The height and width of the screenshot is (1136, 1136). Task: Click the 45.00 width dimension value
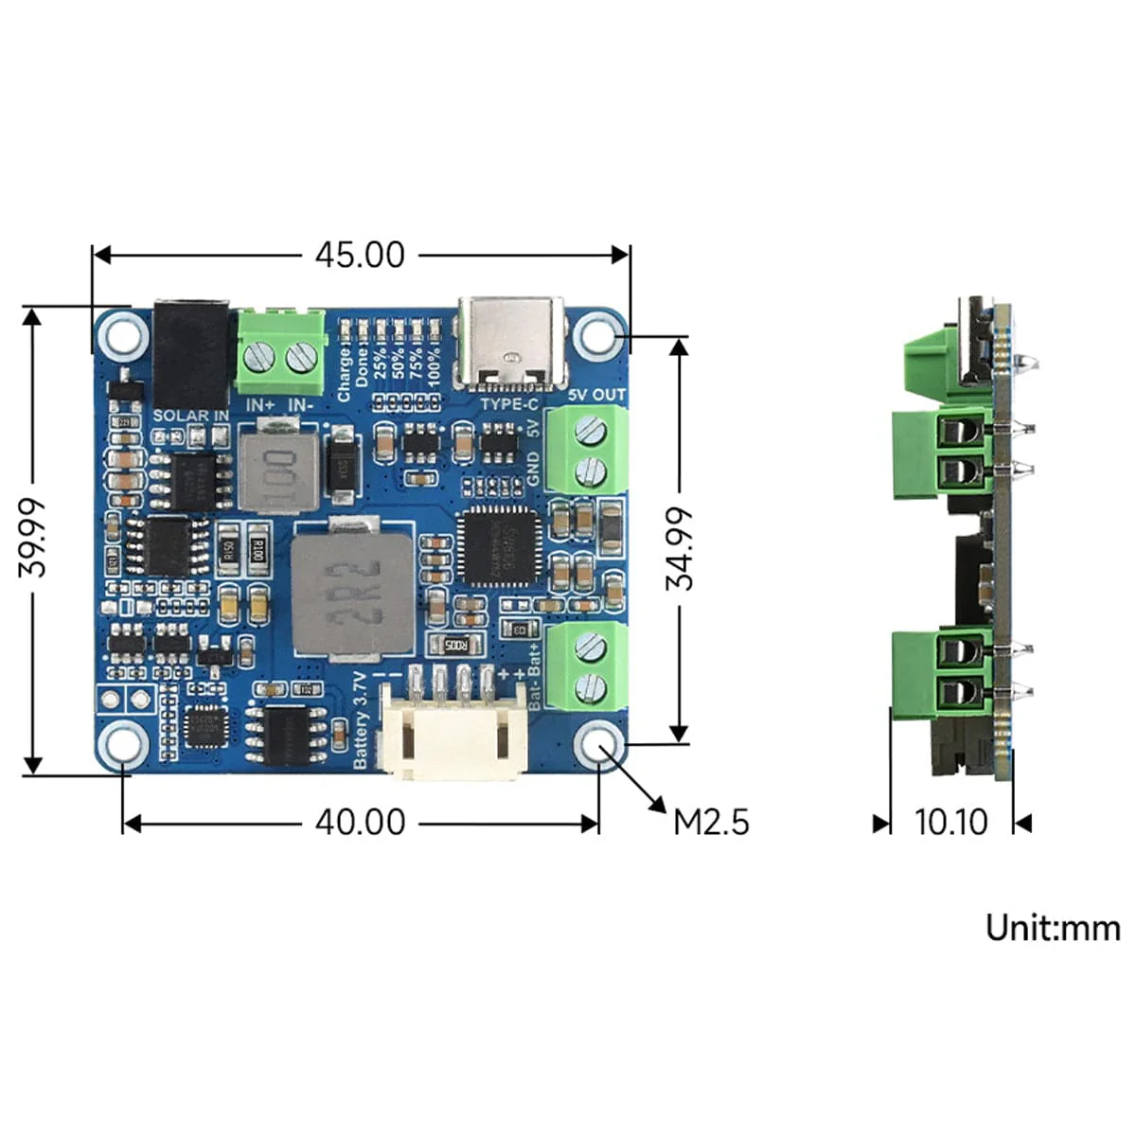pos(360,255)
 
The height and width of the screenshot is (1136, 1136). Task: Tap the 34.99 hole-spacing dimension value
pos(679,549)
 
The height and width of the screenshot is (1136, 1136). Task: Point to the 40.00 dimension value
pos(360,822)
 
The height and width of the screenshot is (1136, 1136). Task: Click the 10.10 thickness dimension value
pos(950,822)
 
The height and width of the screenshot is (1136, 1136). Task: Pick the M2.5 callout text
pos(711,822)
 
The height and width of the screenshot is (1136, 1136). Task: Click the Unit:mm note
pos(1053,927)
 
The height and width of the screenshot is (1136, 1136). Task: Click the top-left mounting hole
pos(122,335)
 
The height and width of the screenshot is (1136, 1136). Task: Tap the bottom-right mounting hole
pos(599,745)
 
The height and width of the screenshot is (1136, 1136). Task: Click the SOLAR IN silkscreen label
pos(190,416)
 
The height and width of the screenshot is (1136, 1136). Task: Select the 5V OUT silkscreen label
pos(597,395)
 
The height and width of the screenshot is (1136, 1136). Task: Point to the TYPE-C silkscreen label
pos(509,404)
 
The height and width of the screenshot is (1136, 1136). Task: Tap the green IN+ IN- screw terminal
pos(279,352)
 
